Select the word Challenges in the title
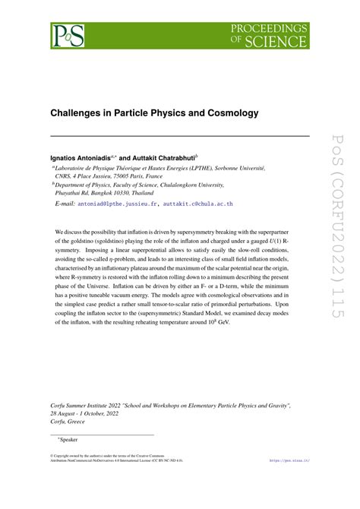click(x=82, y=113)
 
